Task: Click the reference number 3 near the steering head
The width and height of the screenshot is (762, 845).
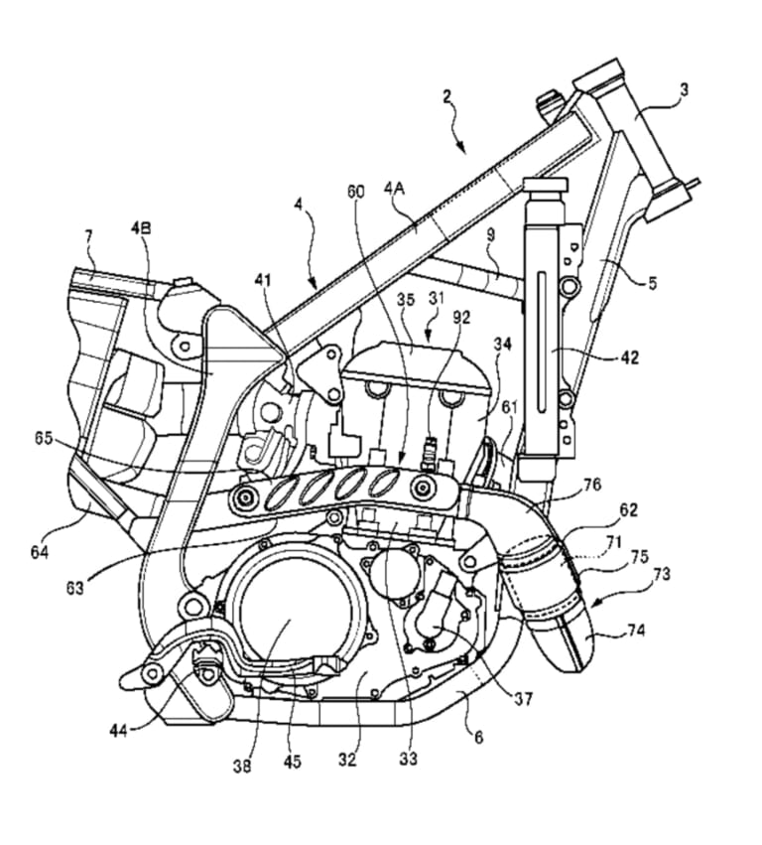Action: [683, 90]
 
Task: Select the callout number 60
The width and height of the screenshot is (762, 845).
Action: [356, 189]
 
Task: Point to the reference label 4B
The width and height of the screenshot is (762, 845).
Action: [141, 227]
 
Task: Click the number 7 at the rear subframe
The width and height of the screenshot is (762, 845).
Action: [88, 236]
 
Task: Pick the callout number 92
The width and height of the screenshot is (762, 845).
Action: [458, 319]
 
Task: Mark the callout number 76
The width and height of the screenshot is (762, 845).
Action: [591, 485]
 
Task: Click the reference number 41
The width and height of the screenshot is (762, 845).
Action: [260, 281]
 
